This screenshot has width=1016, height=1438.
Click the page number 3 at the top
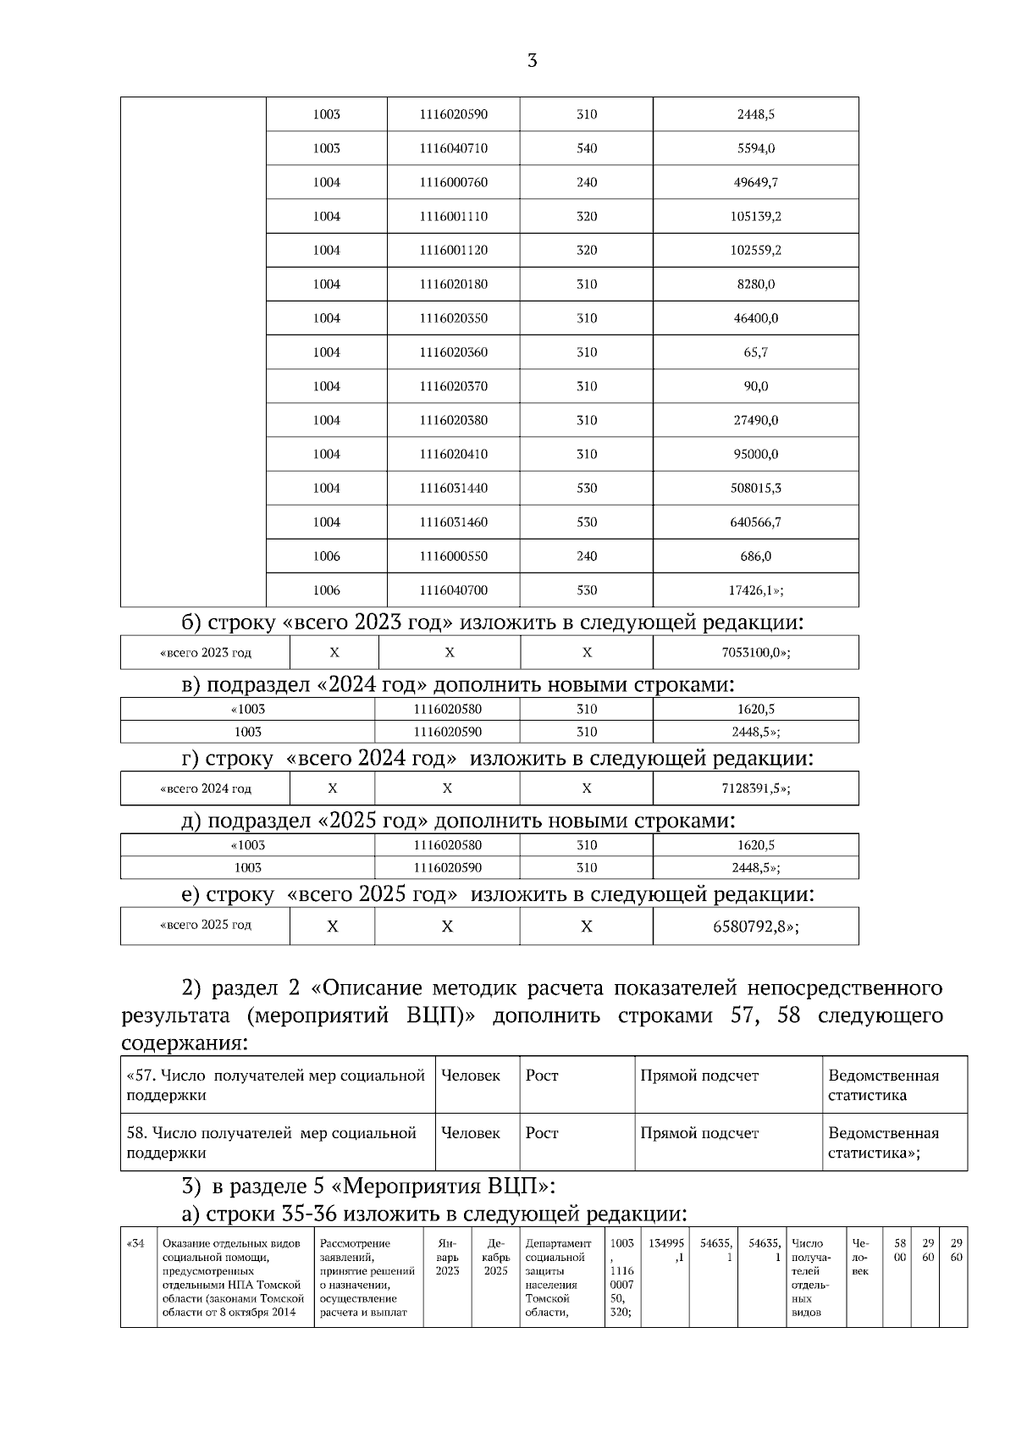pyautogui.click(x=532, y=61)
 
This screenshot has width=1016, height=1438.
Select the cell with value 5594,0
pyautogui.click(x=755, y=148)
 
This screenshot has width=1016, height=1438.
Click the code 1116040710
pyautogui.click(x=453, y=148)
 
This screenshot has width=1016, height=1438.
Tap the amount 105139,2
pyautogui.click(x=755, y=216)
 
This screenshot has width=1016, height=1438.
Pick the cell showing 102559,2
pyautogui.click(x=755, y=250)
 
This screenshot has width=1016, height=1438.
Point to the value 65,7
pyautogui.click(x=755, y=352)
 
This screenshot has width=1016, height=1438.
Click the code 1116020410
pyautogui.click(x=453, y=454)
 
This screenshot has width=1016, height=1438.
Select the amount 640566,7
pyautogui.click(x=755, y=522)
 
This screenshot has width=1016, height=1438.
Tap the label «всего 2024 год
pyautogui.click(x=206, y=788)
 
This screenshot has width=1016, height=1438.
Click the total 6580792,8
pyautogui.click(x=755, y=926)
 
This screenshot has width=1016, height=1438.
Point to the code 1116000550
pyautogui.click(x=453, y=556)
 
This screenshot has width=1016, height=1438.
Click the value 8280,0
pyautogui.click(x=755, y=284)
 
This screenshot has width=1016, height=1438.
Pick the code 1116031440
pyautogui.click(x=453, y=488)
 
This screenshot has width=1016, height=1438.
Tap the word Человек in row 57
pyautogui.click(x=471, y=1076)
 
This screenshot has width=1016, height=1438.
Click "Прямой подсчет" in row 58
pyautogui.click(x=699, y=1133)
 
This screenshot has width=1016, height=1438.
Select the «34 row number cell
pyautogui.click(x=136, y=1244)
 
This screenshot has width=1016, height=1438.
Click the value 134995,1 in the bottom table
pyautogui.click(x=666, y=1251)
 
